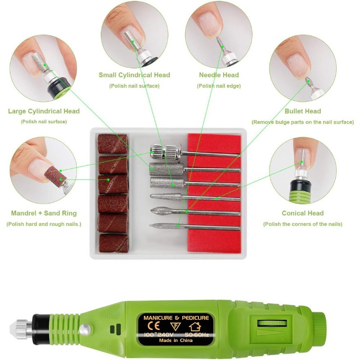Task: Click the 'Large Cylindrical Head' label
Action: [x=44, y=111]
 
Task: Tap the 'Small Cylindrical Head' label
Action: [x=134, y=75]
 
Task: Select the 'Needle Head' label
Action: [x=219, y=75]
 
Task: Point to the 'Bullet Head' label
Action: [x=302, y=111]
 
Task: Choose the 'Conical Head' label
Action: [x=302, y=213]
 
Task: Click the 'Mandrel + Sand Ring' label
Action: [x=44, y=213]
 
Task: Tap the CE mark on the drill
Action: [x=154, y=326]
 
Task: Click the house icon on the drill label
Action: [x=195, y=327]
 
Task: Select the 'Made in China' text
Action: [x=175, y=340]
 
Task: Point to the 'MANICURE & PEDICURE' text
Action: [x=176, y=318]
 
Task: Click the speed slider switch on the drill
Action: [x=272, y=323]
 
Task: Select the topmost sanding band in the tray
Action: [x=112, y=144]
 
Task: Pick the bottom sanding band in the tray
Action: [x=114, y=243]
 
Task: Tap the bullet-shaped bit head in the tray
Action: [x=161, y=211]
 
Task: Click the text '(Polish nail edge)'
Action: [x=219, y=86]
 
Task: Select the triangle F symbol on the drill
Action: [x=175, y=326]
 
